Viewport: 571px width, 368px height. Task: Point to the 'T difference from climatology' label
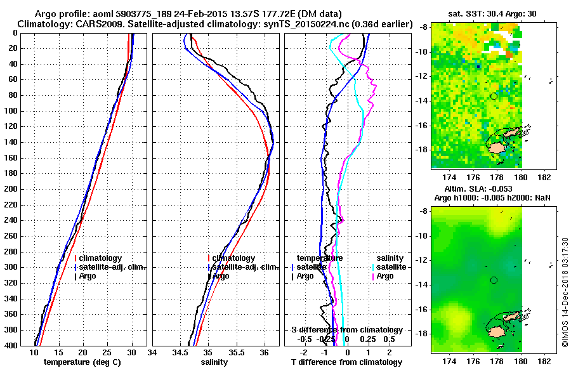[x=346, y=362]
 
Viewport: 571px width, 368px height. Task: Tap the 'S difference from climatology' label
[x=346, y=330]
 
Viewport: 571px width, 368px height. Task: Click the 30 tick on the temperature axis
[x=131, y=352]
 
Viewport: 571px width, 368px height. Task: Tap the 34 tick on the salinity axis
[x=153, y=352]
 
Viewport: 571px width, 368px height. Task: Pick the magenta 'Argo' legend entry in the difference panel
[x=385, y=276]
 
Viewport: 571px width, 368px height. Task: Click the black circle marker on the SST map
[x=494, y=96]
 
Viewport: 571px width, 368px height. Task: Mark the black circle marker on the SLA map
[x=494, y=280]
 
